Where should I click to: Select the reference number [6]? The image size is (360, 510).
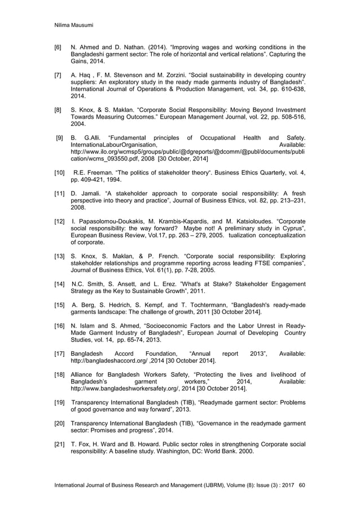pos(57,47)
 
